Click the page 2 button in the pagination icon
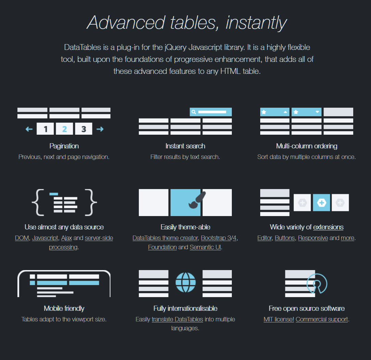tap(64, 129)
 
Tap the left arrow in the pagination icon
tap(29, 129)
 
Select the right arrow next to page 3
tap(100, 129)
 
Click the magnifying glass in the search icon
tap(194, 112)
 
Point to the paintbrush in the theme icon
tap(197, 200)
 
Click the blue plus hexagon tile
tap(321, 202)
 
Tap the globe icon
tap(185, 282)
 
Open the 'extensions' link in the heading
tap(328, 227)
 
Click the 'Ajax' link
tap(66, 238)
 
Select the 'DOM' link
tap(22, 238)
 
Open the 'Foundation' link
tap(162, 247)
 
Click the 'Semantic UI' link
tap(206, 247)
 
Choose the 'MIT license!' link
tap(279, 319)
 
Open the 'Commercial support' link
tap(322, 319)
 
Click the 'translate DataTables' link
tap(177, 319)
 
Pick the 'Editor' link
tap(265, 238)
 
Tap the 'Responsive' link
tap(313, 238)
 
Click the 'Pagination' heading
tap(64, 146)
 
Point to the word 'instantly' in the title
tap(256, 23)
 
